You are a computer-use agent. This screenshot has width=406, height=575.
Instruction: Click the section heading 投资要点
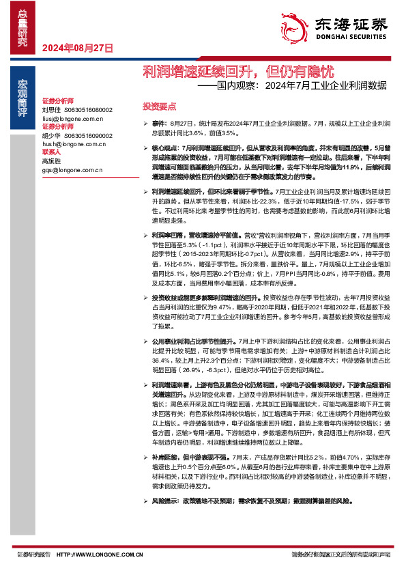pyautogui.click(x=159, y=107)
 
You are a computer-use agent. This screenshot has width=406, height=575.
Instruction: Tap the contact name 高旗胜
pyautogui.click(x=52, y=161)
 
